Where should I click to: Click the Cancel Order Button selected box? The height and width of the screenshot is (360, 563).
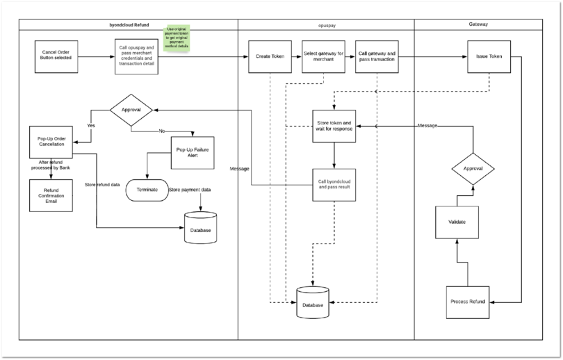pyautogui.click(x=57, y=56)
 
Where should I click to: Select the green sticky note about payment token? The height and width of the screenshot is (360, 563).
pyautogui.click(x=178, y=38)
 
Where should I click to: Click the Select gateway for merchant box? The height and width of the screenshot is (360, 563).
pyautogui.click(x=323, y=56)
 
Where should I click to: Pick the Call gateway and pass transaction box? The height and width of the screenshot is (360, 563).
pyautogui.click(x=377, y=56)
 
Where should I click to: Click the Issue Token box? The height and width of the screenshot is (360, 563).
pyautogui.click(x=489, y=56)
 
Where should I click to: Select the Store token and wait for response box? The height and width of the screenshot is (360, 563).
pyautogui.click(x=334, y=126)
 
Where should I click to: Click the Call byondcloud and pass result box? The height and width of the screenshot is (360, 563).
pyautogui.click(x=334, y=184)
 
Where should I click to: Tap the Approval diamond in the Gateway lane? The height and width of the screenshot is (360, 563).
pyautogui.click(x=473, y=168)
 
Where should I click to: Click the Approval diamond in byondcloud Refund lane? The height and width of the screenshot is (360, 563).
pyautogui.click(x=131, y=110)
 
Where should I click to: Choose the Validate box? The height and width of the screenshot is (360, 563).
pyautogui.click(x=457, y=222)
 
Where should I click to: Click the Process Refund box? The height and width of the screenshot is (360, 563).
pyautogui.click(x=467, y=301)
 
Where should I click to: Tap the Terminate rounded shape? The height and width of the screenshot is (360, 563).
pyautogui.click(x=147, y=190)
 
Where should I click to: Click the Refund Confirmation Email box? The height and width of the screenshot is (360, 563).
pyautogui.click(x=51, y=195)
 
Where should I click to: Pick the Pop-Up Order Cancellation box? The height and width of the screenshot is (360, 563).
pyautogui.click(x=51, y=142)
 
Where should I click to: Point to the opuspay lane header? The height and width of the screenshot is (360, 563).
pyautogui.click(x=326, y=24)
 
